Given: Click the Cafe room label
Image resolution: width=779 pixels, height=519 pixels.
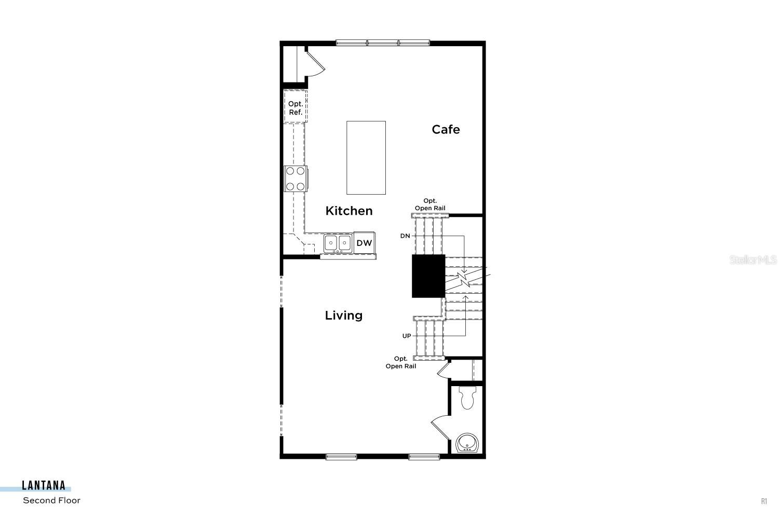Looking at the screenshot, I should click(x=446, y=129).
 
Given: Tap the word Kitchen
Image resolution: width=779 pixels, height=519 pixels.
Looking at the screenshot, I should click(x=349, y=211).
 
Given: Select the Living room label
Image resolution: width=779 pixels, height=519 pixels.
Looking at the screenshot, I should click(x=344, y=315).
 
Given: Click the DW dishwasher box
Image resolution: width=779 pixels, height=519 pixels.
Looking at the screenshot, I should click(x=364, y=243).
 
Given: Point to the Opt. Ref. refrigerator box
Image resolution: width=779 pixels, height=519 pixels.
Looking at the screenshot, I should click(x=296, y=108).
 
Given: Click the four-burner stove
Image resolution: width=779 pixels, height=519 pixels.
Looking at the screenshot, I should click(x=296, y=179).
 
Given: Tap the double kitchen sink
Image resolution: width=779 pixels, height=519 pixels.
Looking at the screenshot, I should click(x=338, y=243).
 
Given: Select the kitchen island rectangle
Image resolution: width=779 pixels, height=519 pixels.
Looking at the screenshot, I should click(x=366, y=157).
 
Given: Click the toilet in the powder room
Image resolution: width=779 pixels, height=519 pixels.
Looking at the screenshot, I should click(x=467, y=398).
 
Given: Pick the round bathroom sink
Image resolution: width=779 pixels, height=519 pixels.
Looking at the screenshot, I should click(x=466, y=443).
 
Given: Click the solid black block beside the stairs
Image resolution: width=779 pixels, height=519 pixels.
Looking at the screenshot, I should click(x=428, y=276).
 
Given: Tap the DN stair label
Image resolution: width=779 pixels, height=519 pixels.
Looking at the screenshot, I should click(x=405, y=236).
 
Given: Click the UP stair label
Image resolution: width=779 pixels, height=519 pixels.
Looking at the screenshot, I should click(x=407, y=336).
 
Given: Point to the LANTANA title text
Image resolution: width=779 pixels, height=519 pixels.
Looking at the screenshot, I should click(x=44, y=486).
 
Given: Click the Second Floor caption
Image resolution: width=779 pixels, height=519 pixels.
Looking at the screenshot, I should click(x=51, y=500).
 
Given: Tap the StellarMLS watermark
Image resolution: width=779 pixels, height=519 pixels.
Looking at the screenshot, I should click(x=753, y=260).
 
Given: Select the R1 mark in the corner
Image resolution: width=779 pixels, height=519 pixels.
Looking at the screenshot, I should click(x=764, y=501).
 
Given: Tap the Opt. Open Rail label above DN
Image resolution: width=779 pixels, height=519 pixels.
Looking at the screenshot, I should click(x=430, y=204).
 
